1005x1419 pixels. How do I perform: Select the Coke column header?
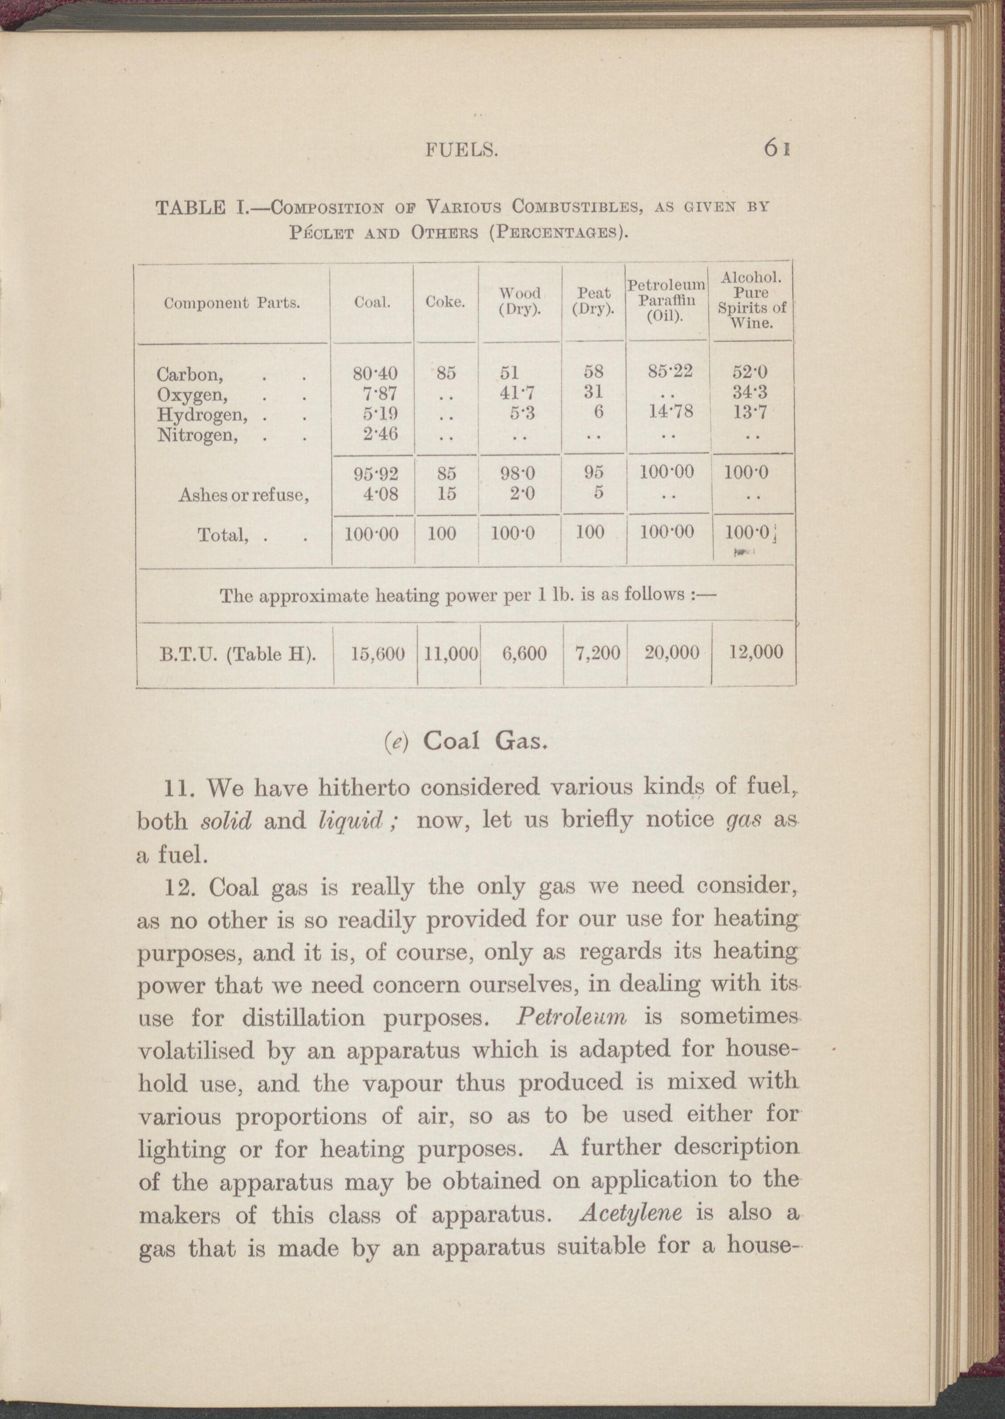pos(445,302)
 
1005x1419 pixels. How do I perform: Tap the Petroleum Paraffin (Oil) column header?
pos(666,300)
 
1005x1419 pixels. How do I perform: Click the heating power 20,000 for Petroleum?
pos(671,652)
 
